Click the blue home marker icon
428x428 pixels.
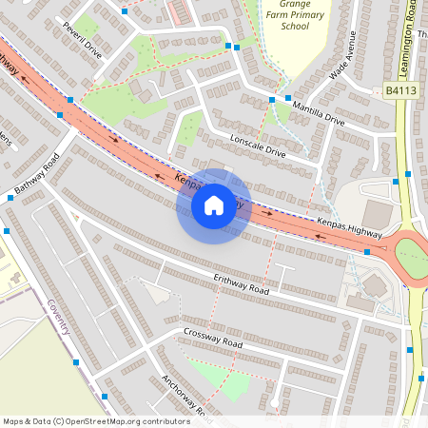pyautogui.click(x=213, y=205)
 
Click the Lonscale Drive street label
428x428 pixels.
pyautogui.click(x=258, y=146)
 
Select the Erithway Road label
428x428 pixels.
pyautogui.click(x=241, y=284)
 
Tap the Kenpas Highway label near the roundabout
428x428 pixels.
pyautogui.click(x=349, y=228)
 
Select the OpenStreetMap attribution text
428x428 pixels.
pyautogui.click(x=95, y=421)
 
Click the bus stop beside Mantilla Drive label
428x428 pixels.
pyautogui.click(x=287, y=98)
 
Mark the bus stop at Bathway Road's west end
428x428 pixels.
pyautogui.click(x=10, y=198)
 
